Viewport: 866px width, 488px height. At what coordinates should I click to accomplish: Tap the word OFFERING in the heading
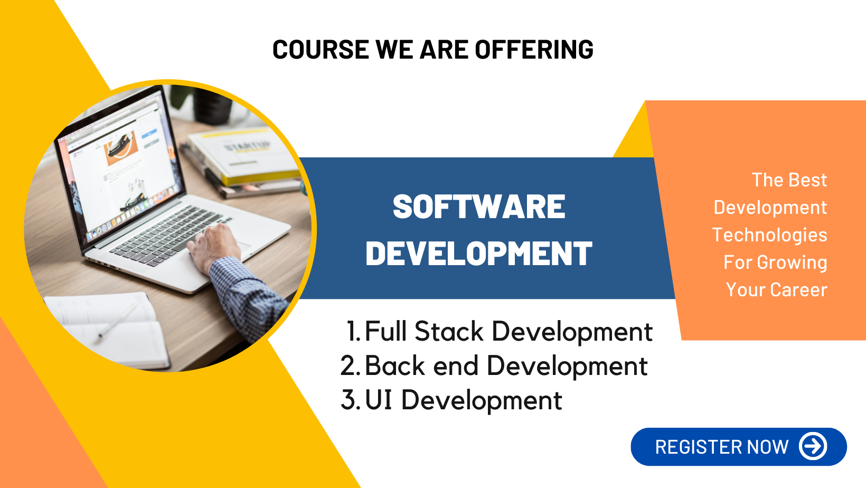[534, 50]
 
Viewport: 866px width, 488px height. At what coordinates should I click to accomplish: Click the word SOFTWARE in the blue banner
[479, 207]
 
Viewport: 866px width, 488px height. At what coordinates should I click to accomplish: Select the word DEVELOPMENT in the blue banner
[479, 254]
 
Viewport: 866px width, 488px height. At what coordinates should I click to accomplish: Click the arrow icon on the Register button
[813, 446]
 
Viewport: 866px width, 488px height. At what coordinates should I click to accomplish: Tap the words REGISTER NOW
[722, 447]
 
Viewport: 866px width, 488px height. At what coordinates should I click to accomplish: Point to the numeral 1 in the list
[352, 331]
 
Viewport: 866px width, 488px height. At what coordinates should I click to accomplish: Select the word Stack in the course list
[449, 331]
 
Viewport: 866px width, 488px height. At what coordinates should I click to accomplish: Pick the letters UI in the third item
[379, 399]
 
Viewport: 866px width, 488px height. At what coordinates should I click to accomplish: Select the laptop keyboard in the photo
[166, 236]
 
